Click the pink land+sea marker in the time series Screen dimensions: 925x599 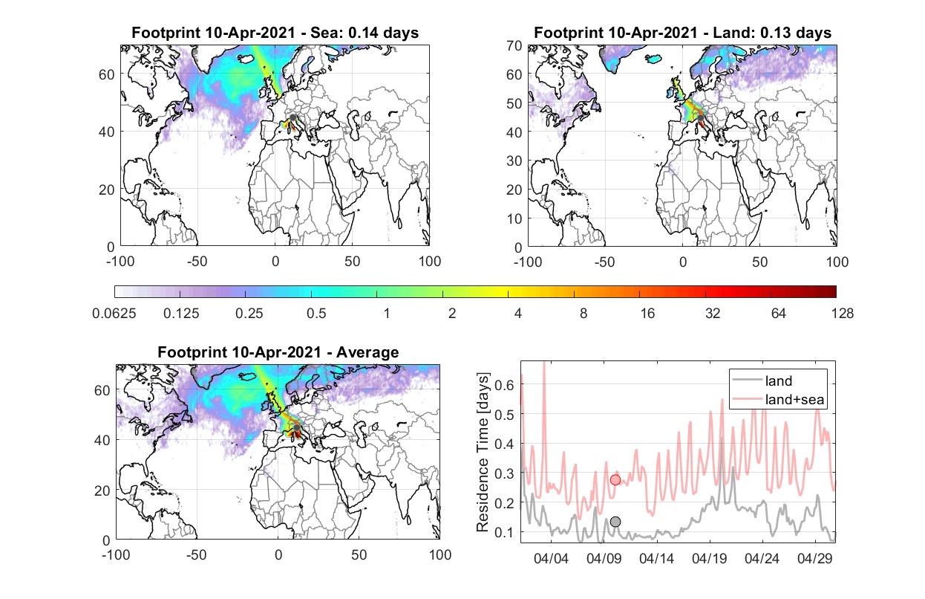pos(615,479)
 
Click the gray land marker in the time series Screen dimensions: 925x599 pos(615,522)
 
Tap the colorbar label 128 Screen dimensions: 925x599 pos(842,314)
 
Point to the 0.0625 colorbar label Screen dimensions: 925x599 pos(114,314)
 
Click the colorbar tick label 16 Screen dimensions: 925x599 pos(647,314)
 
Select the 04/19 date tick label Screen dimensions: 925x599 pos(709,558)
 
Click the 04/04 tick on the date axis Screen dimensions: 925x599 pos(551,558)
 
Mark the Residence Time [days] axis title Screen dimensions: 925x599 pos(483,453)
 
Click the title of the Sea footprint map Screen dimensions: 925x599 pos(275,32)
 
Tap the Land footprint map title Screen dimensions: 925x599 pos(682,32)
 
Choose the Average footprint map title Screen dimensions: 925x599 pos(278,352)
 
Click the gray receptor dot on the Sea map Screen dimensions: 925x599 pos(292,117)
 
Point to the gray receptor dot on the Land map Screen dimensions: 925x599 pos(700,118)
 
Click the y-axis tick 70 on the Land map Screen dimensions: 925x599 pos(514,45)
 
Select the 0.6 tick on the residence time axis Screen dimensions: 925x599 pos(504,385)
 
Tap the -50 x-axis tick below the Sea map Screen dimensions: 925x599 pos(197,262)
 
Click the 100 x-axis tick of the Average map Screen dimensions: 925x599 pos(439,554)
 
